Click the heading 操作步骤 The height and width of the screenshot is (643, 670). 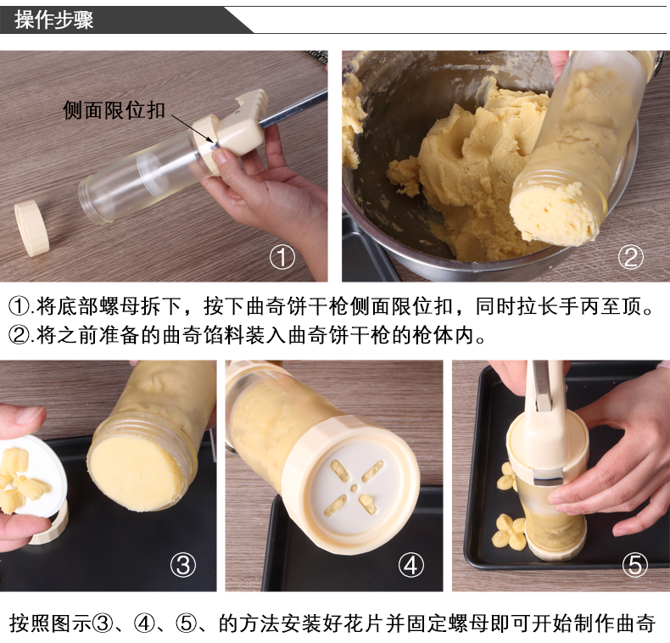click(x=53, y=20)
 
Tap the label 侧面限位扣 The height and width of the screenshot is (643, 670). click(x=114, y=110)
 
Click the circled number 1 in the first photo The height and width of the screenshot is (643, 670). click(x=282, y=257)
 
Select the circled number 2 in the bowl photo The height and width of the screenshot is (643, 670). click(x=631, y=257)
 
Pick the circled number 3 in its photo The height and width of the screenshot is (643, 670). click(x=183, y=565)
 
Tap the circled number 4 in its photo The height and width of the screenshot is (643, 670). click(x=410, y=565)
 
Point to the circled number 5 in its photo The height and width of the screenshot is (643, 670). click(x=635, y=565)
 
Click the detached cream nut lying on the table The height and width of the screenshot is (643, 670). click(x=31, y=228)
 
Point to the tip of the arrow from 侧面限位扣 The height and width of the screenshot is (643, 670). click(x=214, y=143)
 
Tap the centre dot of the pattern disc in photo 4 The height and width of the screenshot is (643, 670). click(x=354, y=488)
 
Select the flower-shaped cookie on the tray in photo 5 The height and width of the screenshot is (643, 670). click(x=509, y=532)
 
